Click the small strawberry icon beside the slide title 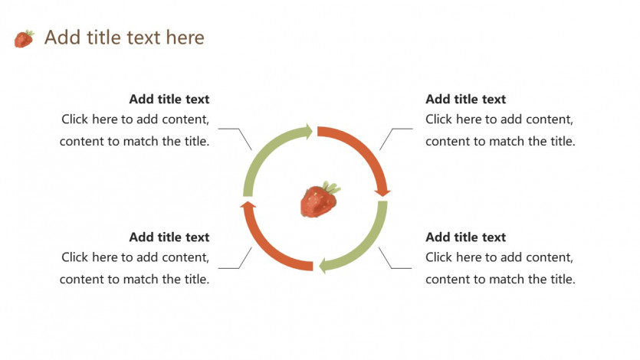[x=24, y=39]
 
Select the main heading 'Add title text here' [x=124, y=38]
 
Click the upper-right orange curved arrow [x=366, y=150]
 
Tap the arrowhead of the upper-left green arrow [x=308, y=132]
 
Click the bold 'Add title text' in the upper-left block [x=169, y=99]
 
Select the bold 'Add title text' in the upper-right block [x=465, y=99]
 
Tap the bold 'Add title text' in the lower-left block [x=169, y=237]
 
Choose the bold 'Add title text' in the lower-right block [x=465, y=237]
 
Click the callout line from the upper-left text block [x=238, y=129]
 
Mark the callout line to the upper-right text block [x=392, y=129]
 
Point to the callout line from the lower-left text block [x=239, y=268]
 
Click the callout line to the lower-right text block [x=392, y=268]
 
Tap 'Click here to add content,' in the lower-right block [x=499, y=257]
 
